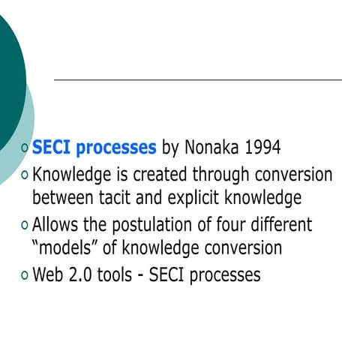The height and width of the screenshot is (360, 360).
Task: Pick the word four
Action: tap(233, 224)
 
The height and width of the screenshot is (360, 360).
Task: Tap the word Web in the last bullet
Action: tap(49, 274)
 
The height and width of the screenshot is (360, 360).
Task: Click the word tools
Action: tap(120, 274)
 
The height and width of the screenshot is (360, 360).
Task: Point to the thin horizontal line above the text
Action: tap(198, 79)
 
